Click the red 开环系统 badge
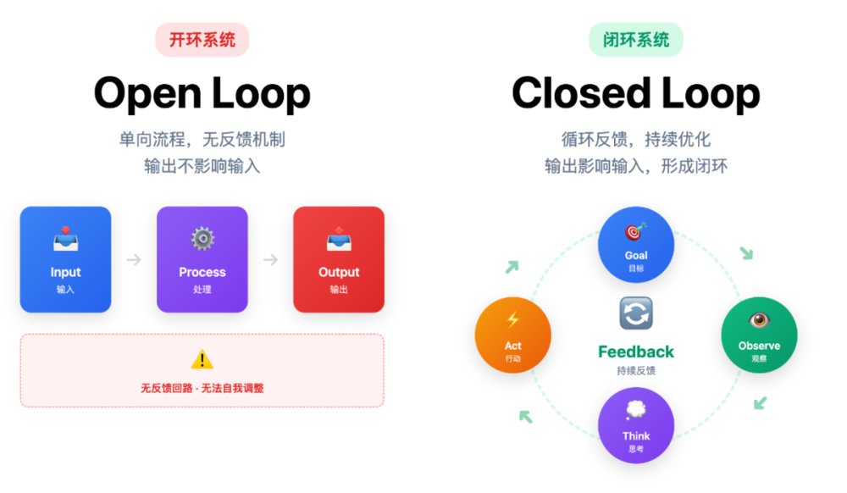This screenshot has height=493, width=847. pyautogui.click(x=202, y=40)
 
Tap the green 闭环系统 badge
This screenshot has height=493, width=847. pyautogui.click(x=635, y=40)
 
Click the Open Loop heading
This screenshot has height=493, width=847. pyautogui.click(x=202, y=93)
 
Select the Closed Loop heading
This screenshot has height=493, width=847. pyautogui.click(x=635, y=93)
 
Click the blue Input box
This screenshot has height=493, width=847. pyautogui.click(x=65, y=259)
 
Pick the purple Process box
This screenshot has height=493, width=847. pyautogui.click(x=202, y=259)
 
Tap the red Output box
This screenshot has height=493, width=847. pyautogui.click(x=339, y=259)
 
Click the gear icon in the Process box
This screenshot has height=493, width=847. pyautogui.click(x=202, y=239)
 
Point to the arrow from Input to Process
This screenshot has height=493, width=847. pyautogui.click(x=134, y=259)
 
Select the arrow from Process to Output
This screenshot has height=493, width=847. pyautogui.click(x=270, y=259)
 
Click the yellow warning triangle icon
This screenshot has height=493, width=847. pyautogui.click(x=202, y=360)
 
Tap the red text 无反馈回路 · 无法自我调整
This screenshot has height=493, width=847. pyautogui.click(x=202, y=388)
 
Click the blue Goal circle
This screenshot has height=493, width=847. pyautogui.click(x=635, y=244)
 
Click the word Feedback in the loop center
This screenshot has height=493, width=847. pyautogui.click(x=635, y=352)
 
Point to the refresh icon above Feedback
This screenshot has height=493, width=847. pyautogui.click(x=635, y=314)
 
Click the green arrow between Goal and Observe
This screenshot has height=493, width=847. pyautogui.click(x=746, y=253)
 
